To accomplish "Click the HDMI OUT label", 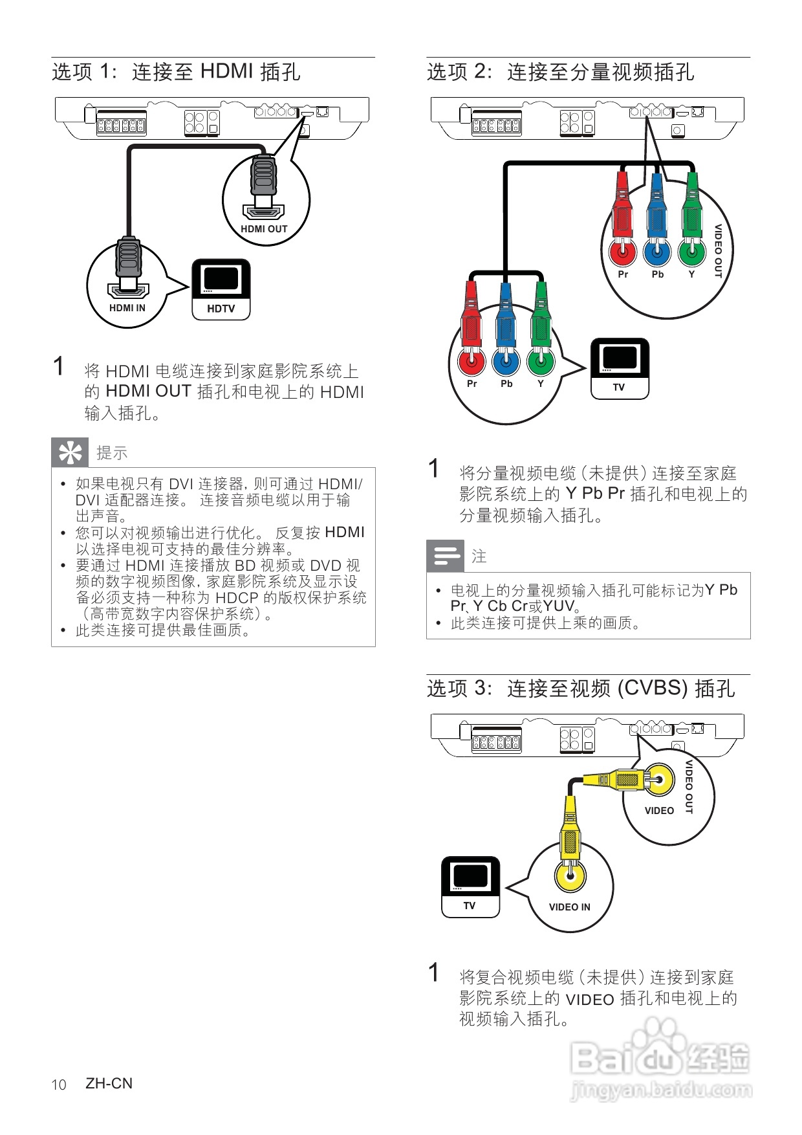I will click(264, 229).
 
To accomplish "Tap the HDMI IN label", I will click(127, 308).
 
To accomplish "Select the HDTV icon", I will click(221, 289).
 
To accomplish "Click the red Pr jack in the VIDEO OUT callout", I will click(622, 251).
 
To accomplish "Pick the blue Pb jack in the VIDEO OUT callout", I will click(657, 251).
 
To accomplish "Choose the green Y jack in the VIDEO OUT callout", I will click(691, 251).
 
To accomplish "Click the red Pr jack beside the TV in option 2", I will click(471, 360).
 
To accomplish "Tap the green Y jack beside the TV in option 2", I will click(541, 360).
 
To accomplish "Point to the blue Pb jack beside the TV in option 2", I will click(506, 360).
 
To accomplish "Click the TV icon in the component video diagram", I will click(619, 368).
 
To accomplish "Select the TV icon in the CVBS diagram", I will click(470, 887).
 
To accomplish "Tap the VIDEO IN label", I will click(569, 907).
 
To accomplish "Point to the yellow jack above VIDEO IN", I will click(570, 876).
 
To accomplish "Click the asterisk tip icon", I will click(70, 452).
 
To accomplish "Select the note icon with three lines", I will click(446, 556).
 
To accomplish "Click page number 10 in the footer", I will click(59, 1085).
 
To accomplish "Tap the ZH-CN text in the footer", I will click(109, 1083).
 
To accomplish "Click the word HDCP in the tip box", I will click(237, 598).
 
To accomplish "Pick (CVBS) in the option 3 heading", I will click(653, 688).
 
